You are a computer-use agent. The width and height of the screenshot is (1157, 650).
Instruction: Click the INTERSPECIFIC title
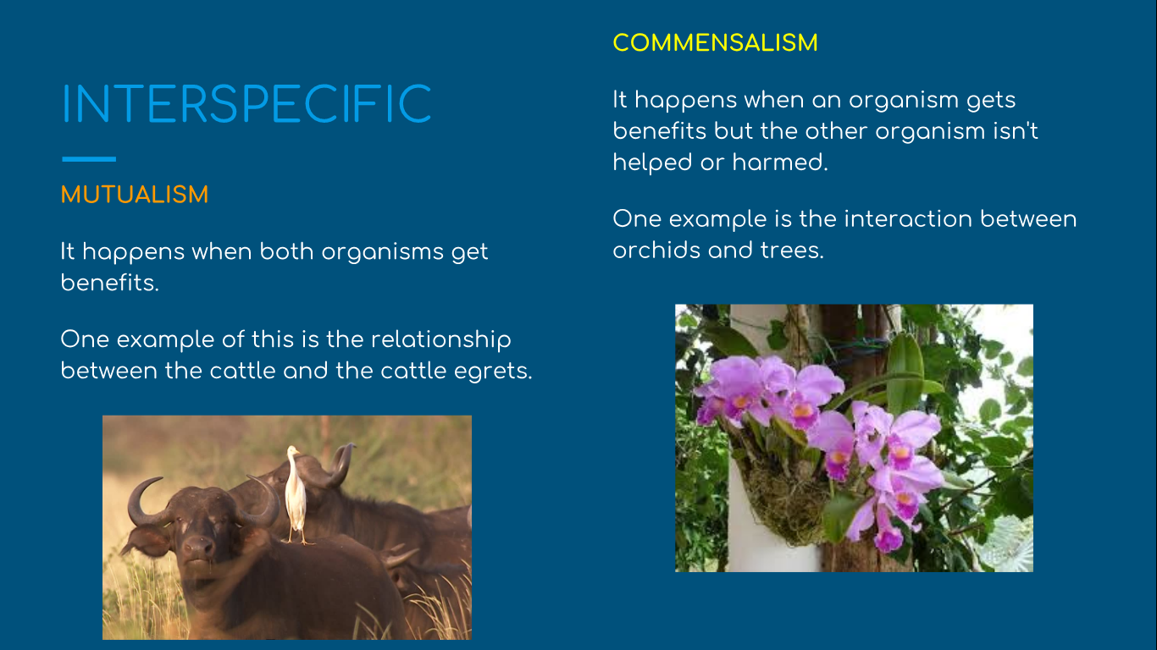coord(246,104)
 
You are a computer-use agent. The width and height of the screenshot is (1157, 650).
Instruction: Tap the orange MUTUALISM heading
coord(135,195)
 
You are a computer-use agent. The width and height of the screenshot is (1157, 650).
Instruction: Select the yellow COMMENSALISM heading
coord(716,43)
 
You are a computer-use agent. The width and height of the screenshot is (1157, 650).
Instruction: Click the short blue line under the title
coord(89,159)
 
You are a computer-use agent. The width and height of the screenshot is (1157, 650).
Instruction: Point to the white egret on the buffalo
coord(296,494)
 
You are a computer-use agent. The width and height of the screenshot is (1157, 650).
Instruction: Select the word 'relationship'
coord(441,339)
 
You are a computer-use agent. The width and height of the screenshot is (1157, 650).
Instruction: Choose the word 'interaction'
coord(908,219)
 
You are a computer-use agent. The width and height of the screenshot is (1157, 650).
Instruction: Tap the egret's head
coord(293,451)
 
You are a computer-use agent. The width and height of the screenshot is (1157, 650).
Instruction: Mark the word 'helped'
coord(652,162)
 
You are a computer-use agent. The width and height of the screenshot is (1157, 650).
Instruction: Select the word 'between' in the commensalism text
coord(1028,219)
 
